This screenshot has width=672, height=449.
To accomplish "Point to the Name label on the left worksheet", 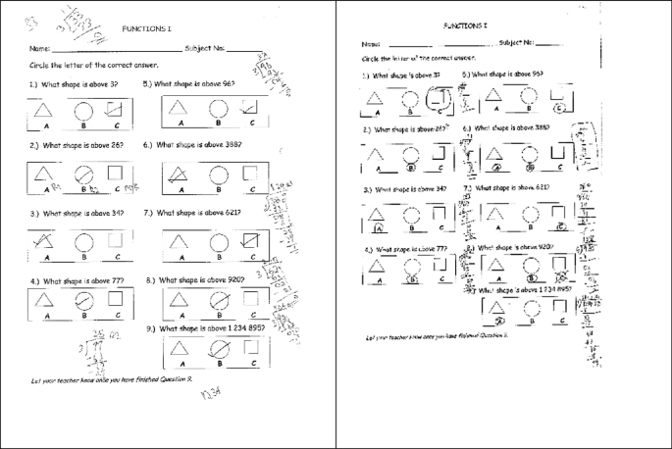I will coord(40,47).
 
